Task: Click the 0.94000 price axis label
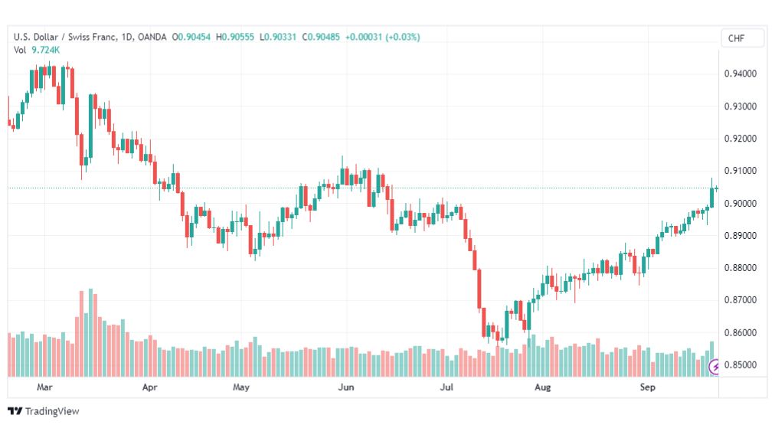tap(740, 74)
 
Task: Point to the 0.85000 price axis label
tap(740, 365)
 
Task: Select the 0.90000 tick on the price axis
tap(740, 203)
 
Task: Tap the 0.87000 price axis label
tap(740, 300)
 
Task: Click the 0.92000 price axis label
tap(740, 139)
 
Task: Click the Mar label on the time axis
tap(44, 387)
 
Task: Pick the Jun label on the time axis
tap(346, 387)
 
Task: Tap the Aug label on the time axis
tap(542, 387)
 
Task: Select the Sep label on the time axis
tap(647, 387)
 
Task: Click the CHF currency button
tap(736, 38)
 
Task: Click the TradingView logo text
tap(52, 411)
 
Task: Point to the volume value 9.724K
tap(45, 50)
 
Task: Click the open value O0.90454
tap(191, 37)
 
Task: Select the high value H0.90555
tap(235, 37)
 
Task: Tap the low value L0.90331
tap(278, 37)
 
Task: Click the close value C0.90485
tap(321, 37)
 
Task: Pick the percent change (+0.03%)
tap(403, 37)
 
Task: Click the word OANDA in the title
tap(152, 37)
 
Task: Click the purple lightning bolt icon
tap(715, 367)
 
